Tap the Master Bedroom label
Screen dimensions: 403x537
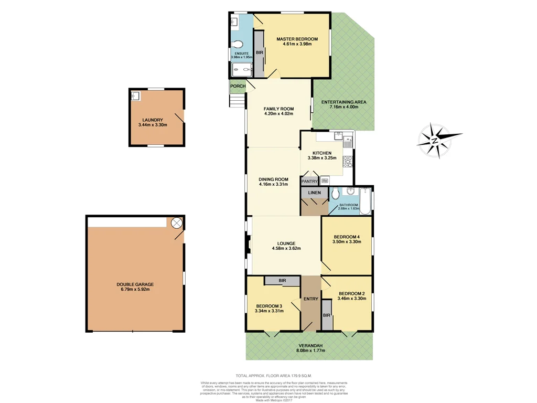[x=297, y=39]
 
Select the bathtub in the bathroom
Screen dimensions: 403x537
[x=366, y=200]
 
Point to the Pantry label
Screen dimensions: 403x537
[x=309, y=182]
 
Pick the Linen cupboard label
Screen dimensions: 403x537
[x=314, y=193]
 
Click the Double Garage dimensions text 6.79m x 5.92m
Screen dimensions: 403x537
[x=135, y=290]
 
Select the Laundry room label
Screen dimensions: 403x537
[x=152, y=120]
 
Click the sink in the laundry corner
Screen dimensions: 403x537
[x=135, y=96]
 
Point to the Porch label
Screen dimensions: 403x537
[x=238, y=87]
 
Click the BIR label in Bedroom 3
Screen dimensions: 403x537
[x=282, y=281]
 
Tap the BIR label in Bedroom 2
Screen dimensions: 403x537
[x=327, y=315]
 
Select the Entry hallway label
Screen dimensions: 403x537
[x=310, y=299]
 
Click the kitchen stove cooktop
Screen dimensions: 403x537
[x=347, y=161]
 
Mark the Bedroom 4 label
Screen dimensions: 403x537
[x=347, y=236]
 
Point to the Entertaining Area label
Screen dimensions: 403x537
[x=343, y=102]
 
